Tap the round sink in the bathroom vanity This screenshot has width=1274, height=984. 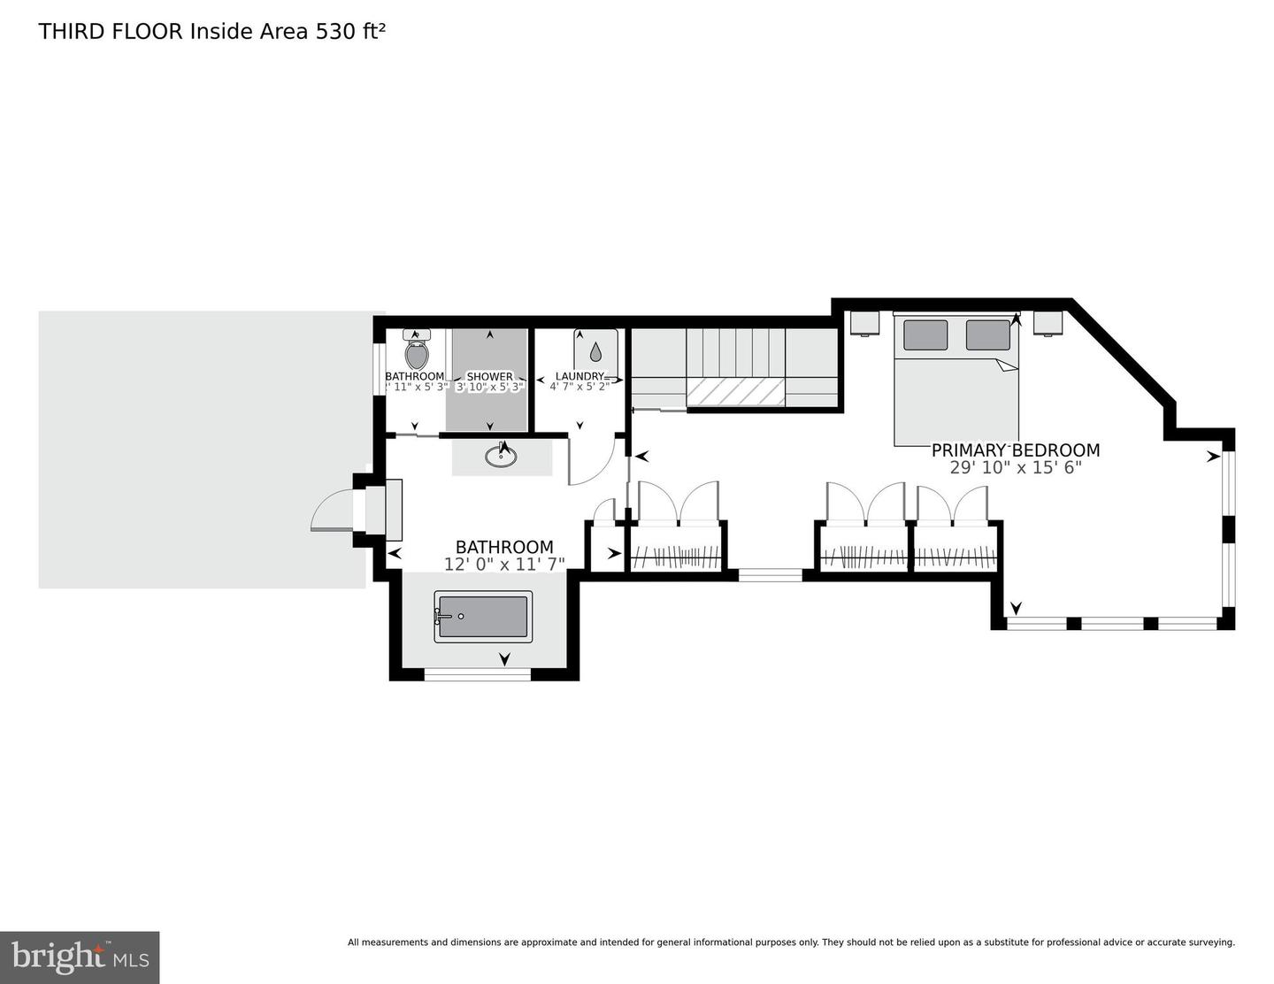pyautogui.click(x=501, y=457)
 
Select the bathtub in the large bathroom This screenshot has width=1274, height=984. pyautogui.click(x=483, y=617)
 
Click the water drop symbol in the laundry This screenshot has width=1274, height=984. pyautogui.click(x=595, y=351)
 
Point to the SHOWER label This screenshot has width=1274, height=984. pyautogui.click(x=489, y=376)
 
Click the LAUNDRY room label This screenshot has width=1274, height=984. pyautogui.click(x=579, y=376)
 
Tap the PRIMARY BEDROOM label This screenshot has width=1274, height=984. pyautogui.click(x=1015, y=450)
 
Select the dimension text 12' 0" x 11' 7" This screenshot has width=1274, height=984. pyautogui.click(x=503, y=564)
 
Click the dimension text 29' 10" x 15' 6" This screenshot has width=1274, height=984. pyautogui.click(x=1015, y=467)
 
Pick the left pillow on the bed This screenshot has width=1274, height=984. pyautogui.click(x=925, y=334)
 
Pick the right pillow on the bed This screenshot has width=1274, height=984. pyautogui.click(x=987, y=334)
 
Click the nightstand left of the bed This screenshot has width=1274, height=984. pyautogui.click(x=864, y=323)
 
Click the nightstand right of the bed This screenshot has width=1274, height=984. pyautogui.click(x=1048, y=323)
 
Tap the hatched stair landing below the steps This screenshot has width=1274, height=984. pyautogui.click(x=735, y=392)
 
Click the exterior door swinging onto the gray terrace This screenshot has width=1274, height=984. pyautogui.click(x=332, y=513)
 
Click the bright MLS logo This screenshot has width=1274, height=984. pyautogui.click(x=80, y=957)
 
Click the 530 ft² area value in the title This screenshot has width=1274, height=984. pyautogui.click(x=351, y=32)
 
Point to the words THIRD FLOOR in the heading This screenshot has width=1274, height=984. pyautogui.click(x=111, y=32)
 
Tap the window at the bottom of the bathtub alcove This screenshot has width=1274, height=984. pyautogui.click(x=477, y=674)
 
